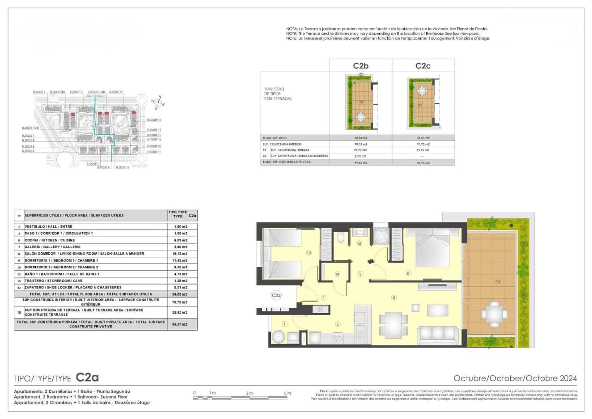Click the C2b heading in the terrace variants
(x=360, y=66)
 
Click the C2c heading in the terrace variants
(x=423, y=66)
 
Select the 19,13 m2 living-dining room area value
(x=180, y=254)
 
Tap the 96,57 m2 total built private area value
(x=180, y=324)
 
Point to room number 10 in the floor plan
(x=309, y=253)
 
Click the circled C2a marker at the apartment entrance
(x=276, y=295)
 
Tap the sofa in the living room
(x=438, y=335)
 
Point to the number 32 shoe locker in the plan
(x=320, y=309)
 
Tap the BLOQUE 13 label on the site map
(x=154, y=120)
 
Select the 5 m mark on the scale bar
(x=287, y=393)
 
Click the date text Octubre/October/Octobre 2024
(x=515, y=378)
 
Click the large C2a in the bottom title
(x=87, y=378)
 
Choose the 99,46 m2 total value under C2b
(x=360, y=163)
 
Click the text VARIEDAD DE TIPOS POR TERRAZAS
(x=277, y=94)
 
